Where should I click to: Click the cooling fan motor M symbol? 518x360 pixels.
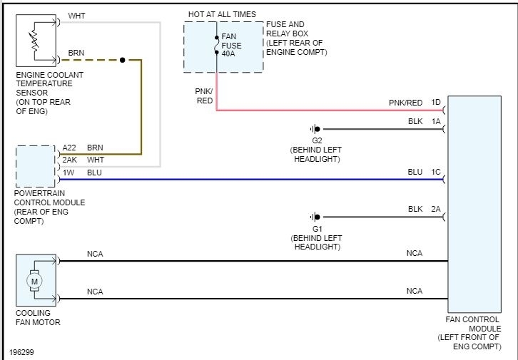coord(34,281)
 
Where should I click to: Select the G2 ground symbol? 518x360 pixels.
coord(315,129)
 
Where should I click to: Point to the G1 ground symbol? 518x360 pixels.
coord(315,216)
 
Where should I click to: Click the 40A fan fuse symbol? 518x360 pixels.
coord(215,46)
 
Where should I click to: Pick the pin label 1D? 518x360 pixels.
coord(436,103)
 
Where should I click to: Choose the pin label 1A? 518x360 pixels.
coord(436,122)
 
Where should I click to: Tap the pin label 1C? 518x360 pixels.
coord(436,172)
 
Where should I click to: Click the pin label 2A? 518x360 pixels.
coord(436,209)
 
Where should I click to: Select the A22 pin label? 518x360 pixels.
coord(69,148)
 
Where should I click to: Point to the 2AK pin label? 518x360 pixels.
coord(69,160)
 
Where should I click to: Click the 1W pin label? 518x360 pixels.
coord(68,172)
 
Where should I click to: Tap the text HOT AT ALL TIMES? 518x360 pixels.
coord(221,14)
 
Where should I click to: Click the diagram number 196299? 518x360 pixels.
coord(24,352)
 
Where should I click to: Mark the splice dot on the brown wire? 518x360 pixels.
coord(123,60)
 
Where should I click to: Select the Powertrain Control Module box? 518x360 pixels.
coord(36,166)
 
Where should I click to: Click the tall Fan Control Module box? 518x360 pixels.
coord(474,207)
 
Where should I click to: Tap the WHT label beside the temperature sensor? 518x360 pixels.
coord(76,15)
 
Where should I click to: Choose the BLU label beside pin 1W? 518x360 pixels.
coord(94,172)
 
